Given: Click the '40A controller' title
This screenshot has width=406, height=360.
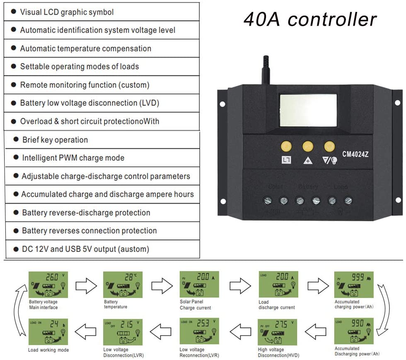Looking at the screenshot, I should tap(310, 19).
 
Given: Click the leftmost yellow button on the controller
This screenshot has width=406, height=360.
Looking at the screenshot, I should tap(286, 146).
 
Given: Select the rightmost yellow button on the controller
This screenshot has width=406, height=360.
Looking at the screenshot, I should tap(329, 146).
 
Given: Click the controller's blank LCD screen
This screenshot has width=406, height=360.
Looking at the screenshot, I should tap(308, 110).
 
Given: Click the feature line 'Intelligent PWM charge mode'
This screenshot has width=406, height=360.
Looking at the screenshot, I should tap(73, 158).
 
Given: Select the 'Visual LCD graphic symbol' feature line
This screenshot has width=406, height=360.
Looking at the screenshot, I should tap(67, 12).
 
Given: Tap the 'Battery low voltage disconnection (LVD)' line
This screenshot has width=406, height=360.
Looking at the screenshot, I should tap(89, 103).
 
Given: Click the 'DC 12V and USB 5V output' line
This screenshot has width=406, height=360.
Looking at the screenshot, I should tap(85, 249).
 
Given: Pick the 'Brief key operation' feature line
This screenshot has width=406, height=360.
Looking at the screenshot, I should tap(55, 140).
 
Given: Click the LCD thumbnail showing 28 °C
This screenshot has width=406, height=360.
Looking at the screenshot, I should tap(123, 285).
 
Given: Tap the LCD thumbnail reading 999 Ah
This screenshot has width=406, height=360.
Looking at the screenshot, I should tap(353, 285).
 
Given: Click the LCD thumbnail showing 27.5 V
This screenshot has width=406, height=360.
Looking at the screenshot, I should tap(277, 331).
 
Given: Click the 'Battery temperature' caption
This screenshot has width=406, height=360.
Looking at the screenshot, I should tap(116, 304).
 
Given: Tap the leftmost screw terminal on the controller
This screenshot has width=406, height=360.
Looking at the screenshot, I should tap(268, 201).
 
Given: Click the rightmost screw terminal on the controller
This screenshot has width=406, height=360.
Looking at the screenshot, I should tap(348, 201).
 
